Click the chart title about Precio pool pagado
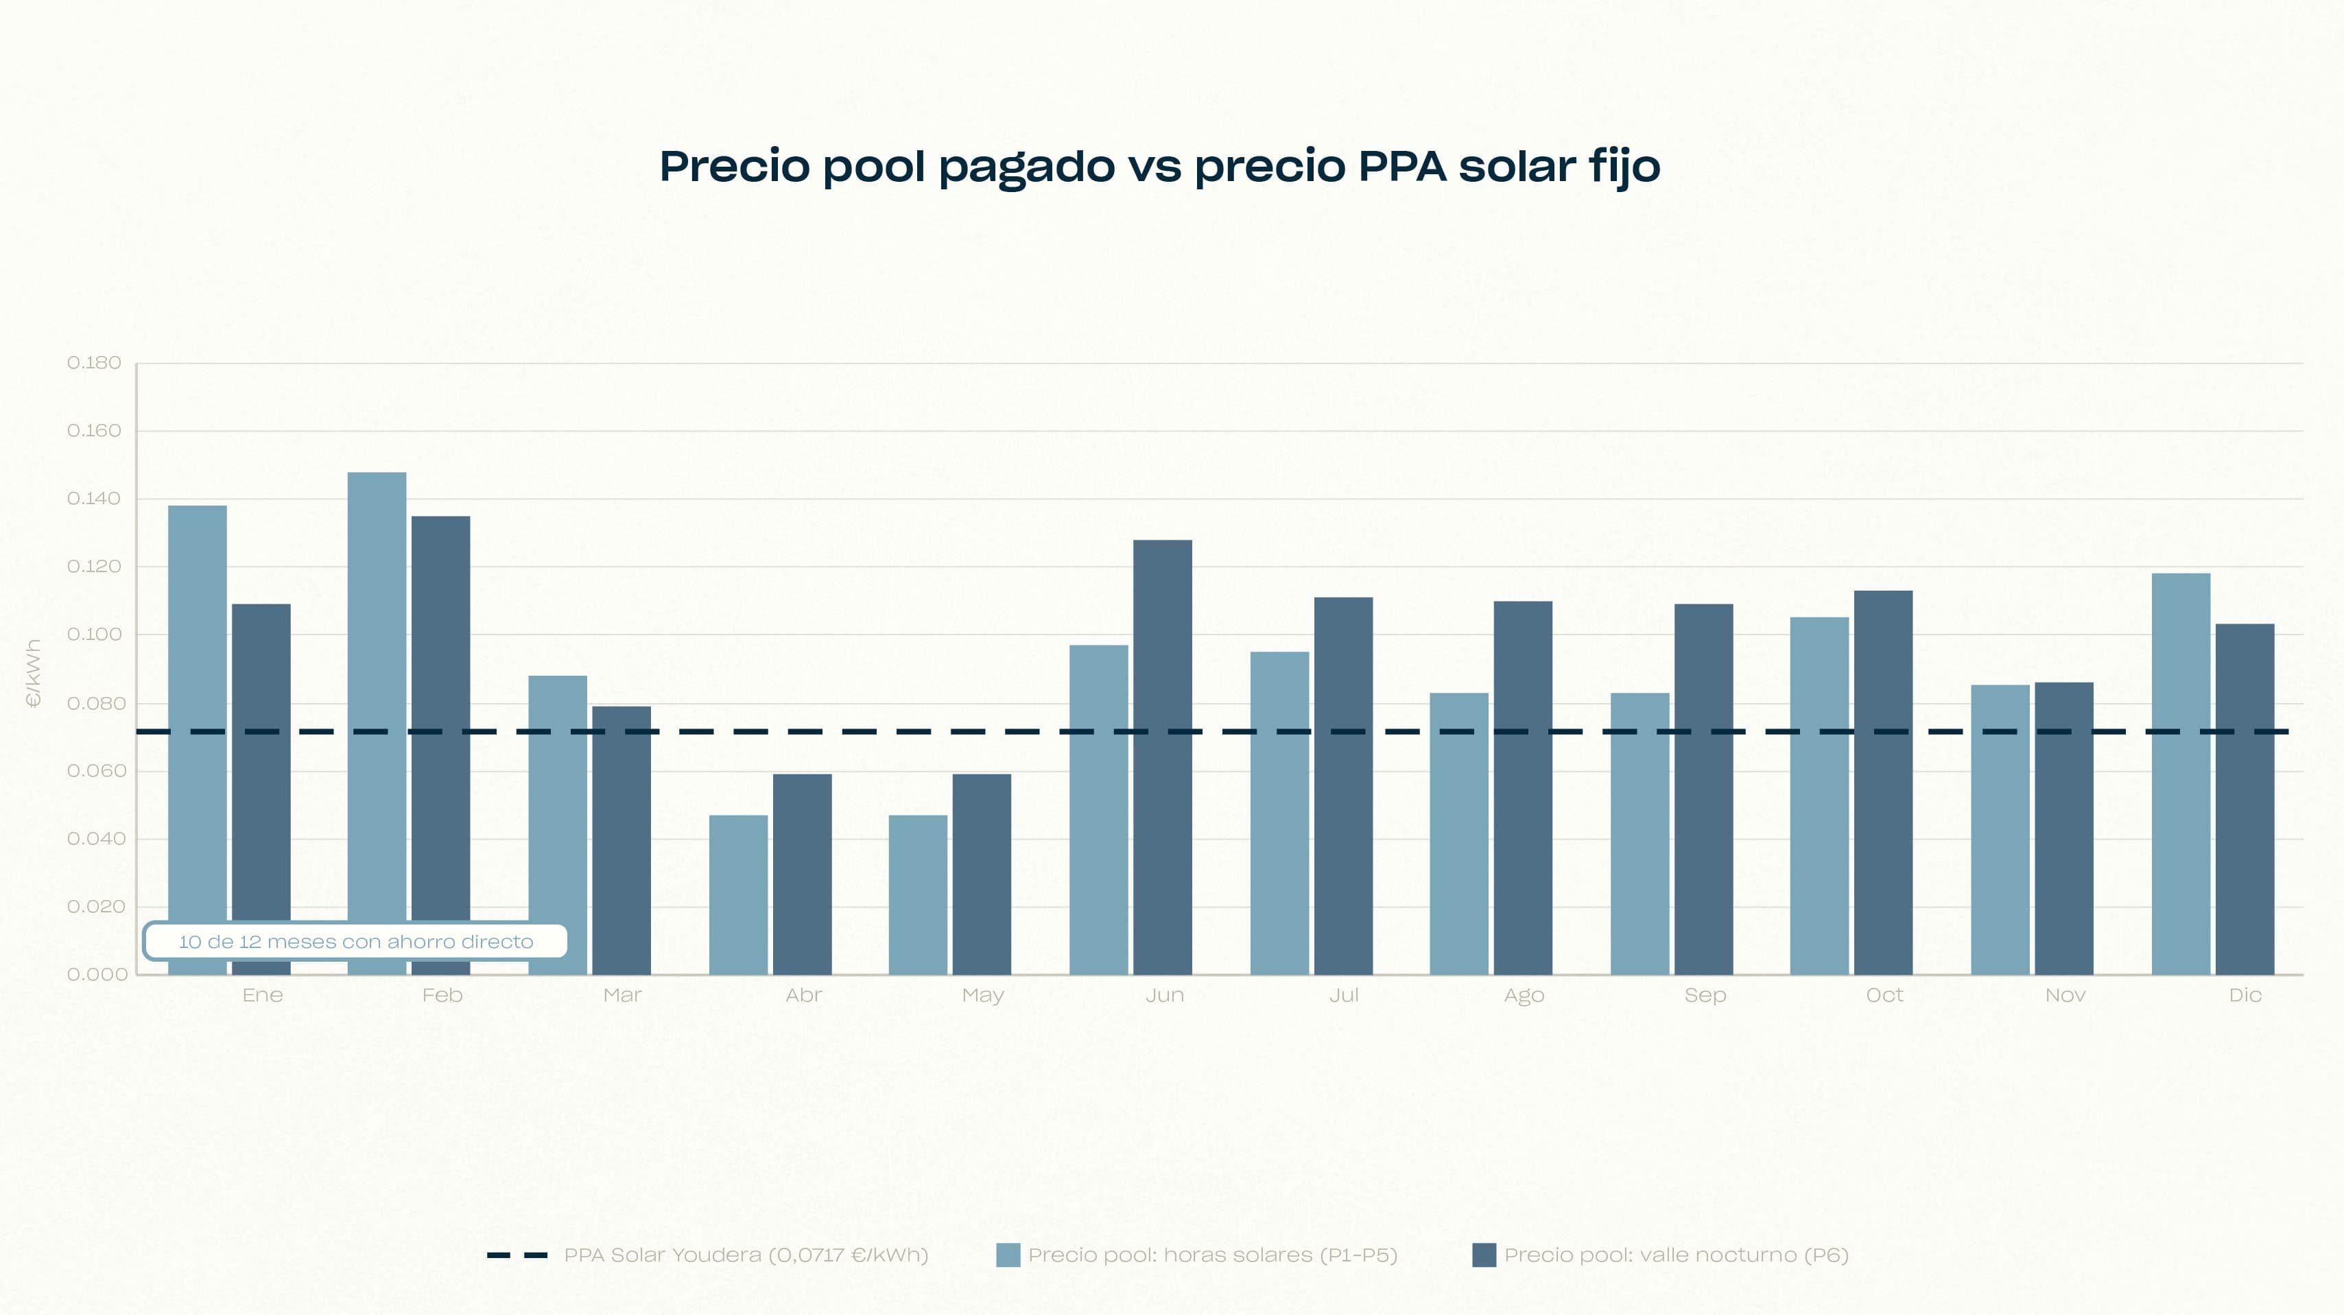1159,167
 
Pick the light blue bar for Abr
738,894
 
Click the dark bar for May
981,874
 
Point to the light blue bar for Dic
2180,774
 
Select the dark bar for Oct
1882,783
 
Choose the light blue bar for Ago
1458,833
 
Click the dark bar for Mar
621,839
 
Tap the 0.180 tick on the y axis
94,363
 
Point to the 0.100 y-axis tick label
94,635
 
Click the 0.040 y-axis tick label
94,838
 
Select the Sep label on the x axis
1704,995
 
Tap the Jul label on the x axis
1343,995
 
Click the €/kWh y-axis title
34,674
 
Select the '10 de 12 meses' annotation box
355,942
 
